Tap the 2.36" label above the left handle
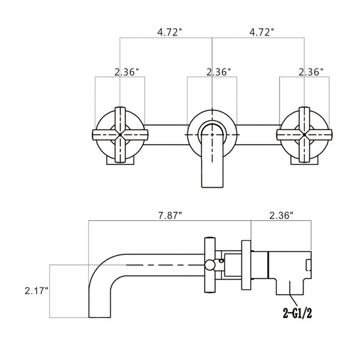(127, 71)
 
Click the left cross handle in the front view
(121, 134)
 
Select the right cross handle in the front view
(304, 134)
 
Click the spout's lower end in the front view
(212, 177)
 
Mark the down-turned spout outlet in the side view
(100, 300)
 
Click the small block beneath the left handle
(121, 159)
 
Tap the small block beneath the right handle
(304, 159)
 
